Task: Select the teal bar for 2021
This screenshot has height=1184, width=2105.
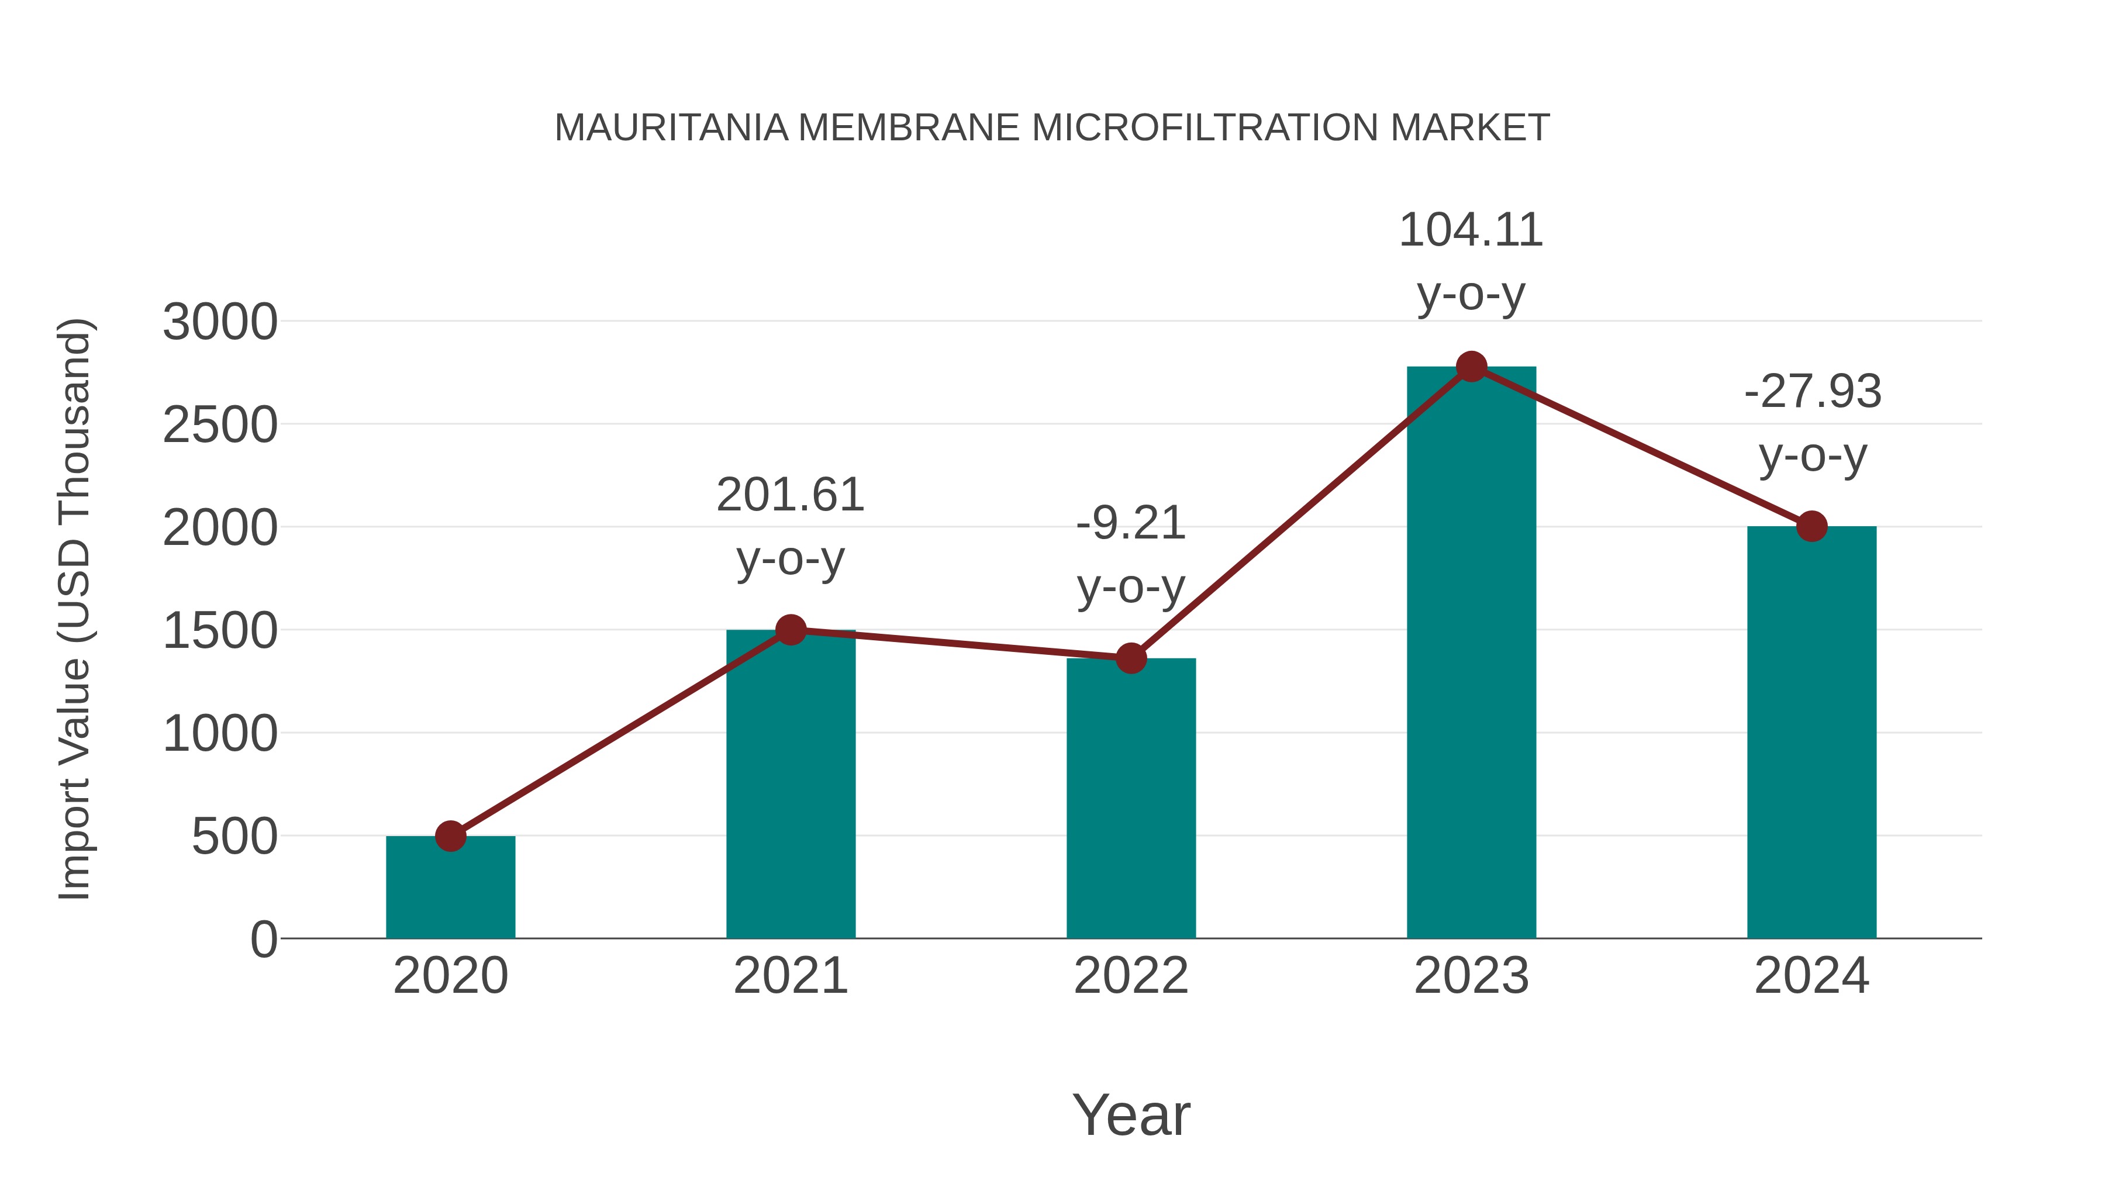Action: [790, 785]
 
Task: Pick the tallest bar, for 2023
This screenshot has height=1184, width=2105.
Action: [1471, 654]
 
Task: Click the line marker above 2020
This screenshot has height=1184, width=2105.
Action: [450, 836]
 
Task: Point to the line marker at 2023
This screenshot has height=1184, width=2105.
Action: [1471, 367]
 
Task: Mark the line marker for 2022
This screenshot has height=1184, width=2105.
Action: [1131, 658]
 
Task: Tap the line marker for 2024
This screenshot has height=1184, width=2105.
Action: [1811, 526]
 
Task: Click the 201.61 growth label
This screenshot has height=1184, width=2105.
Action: [790, 495]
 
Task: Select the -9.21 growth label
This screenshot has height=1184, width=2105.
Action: [1131, 524]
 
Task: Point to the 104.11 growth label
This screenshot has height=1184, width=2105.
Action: [1471, 230]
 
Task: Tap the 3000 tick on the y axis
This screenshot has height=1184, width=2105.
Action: [220, 322]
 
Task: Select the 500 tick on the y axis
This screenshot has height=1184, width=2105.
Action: [234, 837]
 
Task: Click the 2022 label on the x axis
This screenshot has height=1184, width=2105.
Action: [1131, 976]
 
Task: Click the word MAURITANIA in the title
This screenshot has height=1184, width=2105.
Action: [671, 128]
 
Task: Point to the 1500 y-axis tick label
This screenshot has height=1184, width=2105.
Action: [220, 631]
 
